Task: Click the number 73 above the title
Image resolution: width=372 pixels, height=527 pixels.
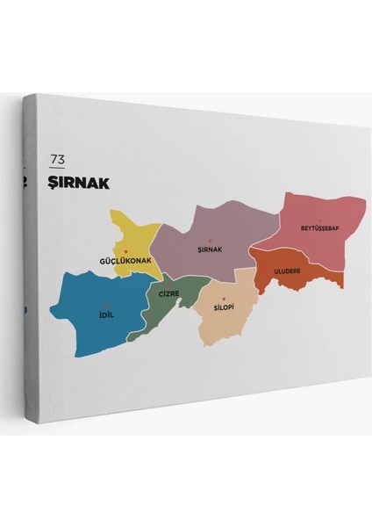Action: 58,159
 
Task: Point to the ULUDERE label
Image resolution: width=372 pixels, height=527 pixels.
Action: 287,271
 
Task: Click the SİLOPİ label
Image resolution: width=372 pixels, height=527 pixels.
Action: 224,308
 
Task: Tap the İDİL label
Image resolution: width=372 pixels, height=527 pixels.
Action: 107,314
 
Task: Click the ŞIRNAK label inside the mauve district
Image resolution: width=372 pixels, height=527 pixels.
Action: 211,249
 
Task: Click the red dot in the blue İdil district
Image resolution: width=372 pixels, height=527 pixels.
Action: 107,305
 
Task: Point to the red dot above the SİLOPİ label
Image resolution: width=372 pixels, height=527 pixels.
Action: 224,300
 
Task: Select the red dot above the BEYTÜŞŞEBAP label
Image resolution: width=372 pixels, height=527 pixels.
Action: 320,220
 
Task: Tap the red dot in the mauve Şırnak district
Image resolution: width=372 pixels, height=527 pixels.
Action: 211,241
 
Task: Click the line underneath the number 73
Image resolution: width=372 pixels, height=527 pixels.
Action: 58,168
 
